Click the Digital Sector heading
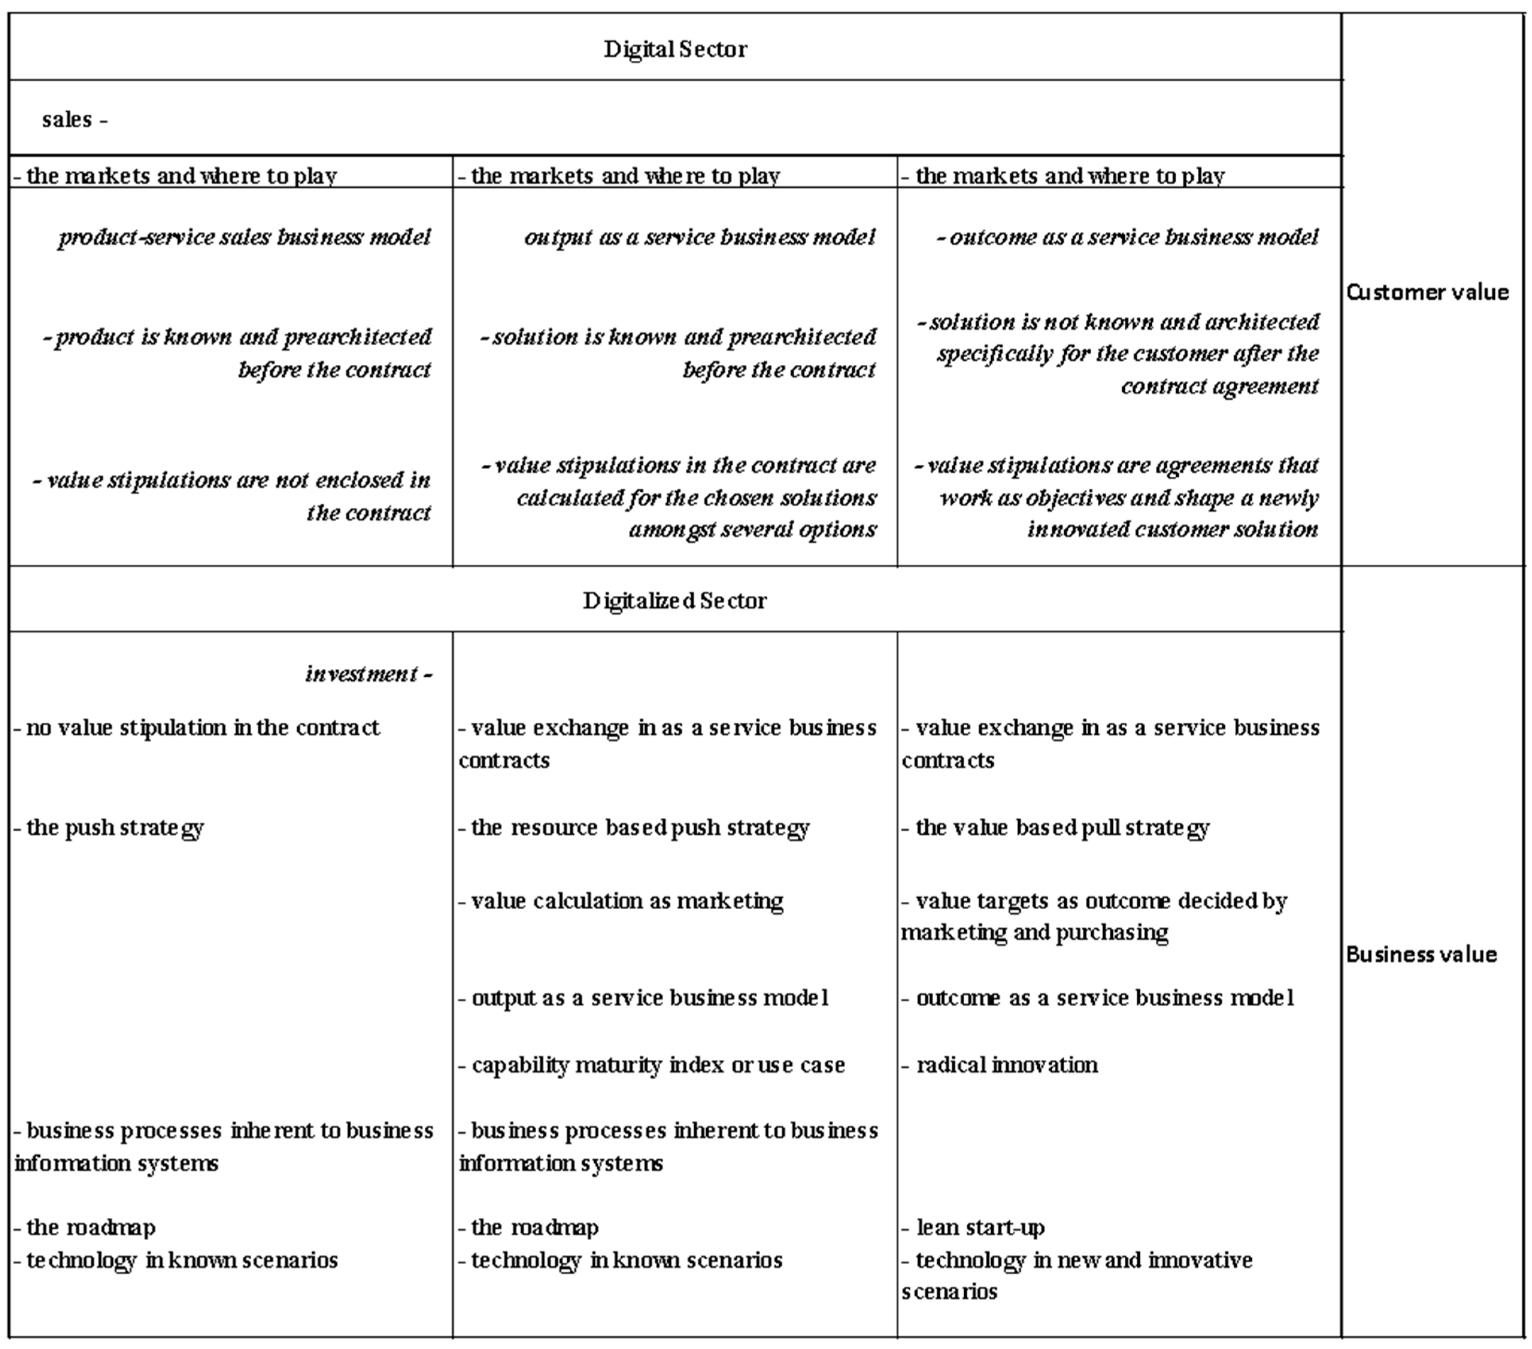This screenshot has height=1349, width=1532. click(x=675, y=50)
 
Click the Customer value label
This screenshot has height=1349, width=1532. click(x=1427, y=292)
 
